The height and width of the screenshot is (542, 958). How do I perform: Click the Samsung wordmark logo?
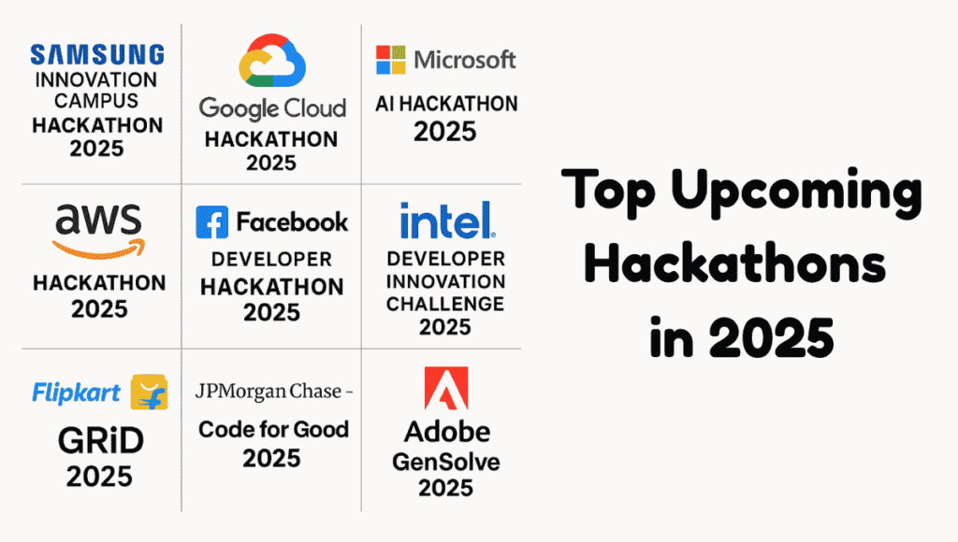pyautogui.click(x=97, y=54)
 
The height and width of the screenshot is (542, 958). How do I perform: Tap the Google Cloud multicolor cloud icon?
pyautogui.click(x=272, y=61)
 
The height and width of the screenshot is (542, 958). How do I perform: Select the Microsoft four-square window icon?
pyautogui.click(x=390, y=60)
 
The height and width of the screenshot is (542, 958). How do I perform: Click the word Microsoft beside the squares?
pyautogui.click(x=465, y=60)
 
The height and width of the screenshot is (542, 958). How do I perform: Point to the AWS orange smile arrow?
pyautogui.click(x=99, y=249)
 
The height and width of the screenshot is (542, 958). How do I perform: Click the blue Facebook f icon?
pyautogui.click(x=212, y=222)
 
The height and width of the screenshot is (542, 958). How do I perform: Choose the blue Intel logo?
pyautogui.click(x=447, y=221)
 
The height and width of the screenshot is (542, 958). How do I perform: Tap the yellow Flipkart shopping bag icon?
pyautogui.click(x=149, y=392)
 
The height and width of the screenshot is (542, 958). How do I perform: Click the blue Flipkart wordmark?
pyautogui.click(x=77, y=392)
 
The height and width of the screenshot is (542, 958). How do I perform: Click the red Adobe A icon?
pyautogui.click(x=446, y=388)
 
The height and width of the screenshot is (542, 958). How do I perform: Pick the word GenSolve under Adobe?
pyautogui.click(x=446, y=462)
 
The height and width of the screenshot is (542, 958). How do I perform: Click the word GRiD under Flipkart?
pyautogui.click(x=101, y=441)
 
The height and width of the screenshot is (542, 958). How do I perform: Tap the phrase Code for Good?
pyautogui.click(x=273, y=430)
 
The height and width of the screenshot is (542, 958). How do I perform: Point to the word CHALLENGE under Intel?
pyautogui.click(x=445, y=304)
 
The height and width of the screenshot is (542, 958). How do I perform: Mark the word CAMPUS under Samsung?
pyautogui.click(x=96, y=100)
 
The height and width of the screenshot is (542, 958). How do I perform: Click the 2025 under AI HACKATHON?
pyautogui.click(x=444, y=131)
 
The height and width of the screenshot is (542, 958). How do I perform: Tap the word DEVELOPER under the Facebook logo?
pyautogui.click(x=272, y=260)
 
